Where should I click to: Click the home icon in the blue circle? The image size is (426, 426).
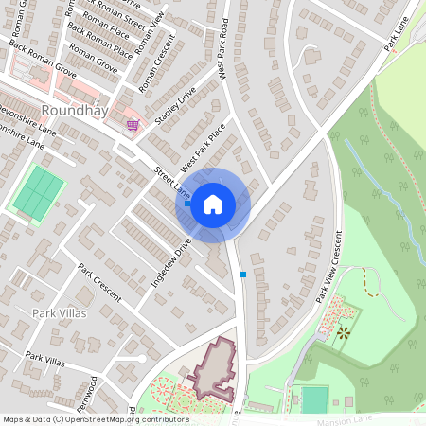click(x=213, y=204)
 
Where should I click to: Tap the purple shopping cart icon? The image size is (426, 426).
click(x=133, y=124)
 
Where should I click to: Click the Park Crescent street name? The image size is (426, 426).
click(x=99, y=282)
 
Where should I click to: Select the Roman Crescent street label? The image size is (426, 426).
click(x=156, y=64)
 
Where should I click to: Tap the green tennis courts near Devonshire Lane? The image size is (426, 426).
click(x=38, y=190)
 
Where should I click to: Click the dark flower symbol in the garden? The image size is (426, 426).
click(x=343, y=332)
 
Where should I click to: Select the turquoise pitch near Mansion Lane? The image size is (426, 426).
click(x=313, y=399)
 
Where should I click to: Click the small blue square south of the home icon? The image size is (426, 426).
click(x=243, y=275)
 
